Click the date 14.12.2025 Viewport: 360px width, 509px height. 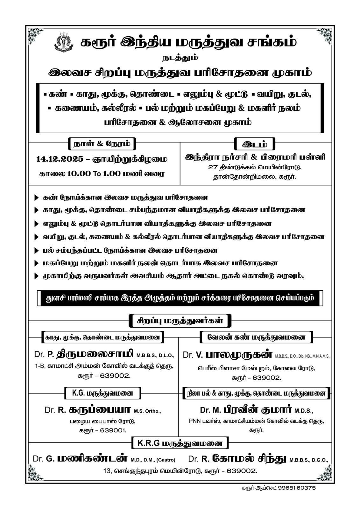point(60,159)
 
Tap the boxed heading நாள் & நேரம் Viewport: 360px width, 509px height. point(102,144)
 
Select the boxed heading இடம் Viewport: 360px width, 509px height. point(255,144)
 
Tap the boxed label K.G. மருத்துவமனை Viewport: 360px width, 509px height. point(102,393)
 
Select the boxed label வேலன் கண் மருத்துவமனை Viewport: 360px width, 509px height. point(256,337)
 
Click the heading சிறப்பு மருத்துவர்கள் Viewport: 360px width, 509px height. point(180,321)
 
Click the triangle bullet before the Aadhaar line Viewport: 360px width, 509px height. point(36,276)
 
